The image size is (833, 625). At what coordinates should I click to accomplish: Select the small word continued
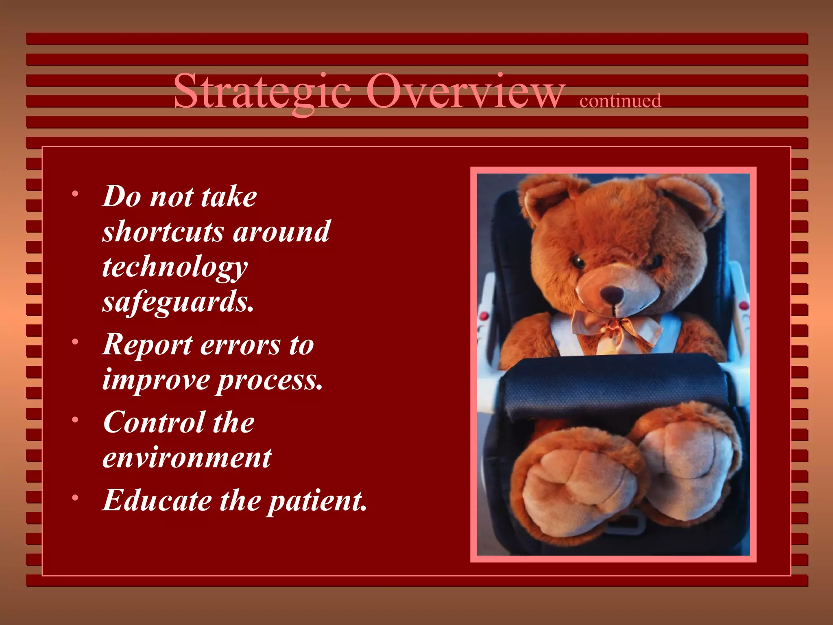click(620, 101)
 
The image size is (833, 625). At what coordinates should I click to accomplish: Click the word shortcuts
click(163, 232)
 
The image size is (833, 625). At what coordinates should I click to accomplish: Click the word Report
click(147, 345)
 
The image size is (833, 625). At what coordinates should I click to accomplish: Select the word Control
click(154, 422)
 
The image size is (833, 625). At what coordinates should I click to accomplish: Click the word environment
click(187, 458)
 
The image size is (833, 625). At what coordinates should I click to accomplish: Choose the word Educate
click(157, 500)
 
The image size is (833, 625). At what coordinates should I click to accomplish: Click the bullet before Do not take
click(75, 194)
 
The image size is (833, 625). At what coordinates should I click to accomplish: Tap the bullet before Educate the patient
click(75, 498)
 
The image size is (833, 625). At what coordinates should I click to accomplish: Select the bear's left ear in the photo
click(541, 199)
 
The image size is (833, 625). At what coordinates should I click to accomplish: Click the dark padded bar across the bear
click(614, 387)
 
